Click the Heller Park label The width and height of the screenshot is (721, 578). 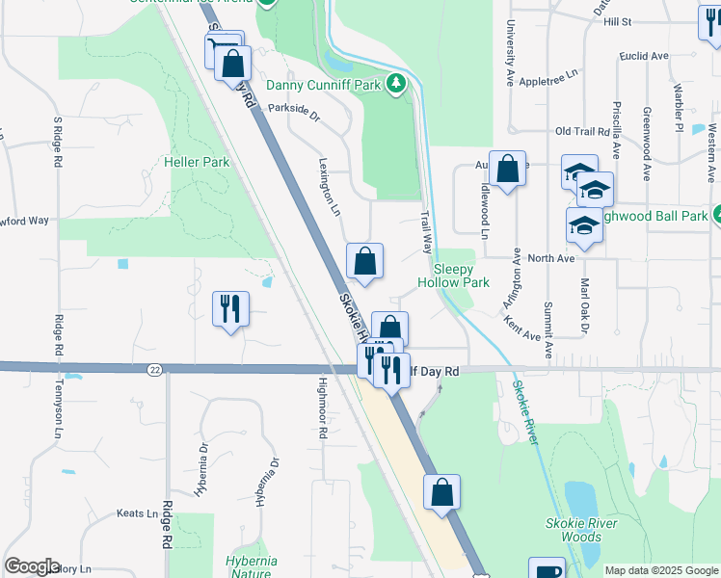198,162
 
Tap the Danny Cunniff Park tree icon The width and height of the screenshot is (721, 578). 395,85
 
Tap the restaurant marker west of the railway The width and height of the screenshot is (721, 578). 230,308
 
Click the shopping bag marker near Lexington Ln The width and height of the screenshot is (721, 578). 365,260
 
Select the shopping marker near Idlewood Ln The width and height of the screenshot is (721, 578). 507,169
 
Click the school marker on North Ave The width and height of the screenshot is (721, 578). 584,225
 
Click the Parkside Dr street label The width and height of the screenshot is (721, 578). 293,110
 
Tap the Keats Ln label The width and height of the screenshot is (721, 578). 137,513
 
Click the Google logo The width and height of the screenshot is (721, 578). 32,566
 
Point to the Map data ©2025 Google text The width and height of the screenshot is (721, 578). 661,570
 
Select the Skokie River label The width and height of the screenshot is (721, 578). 526,412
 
